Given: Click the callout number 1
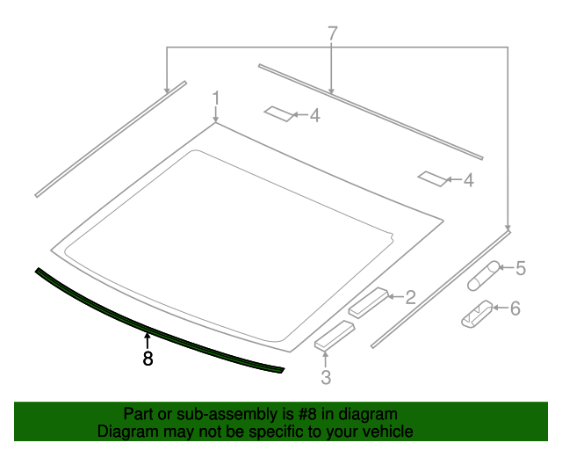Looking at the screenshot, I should pos(216,97).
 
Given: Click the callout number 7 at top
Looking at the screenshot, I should pos(332,34).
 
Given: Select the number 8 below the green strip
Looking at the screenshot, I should pos(148,359).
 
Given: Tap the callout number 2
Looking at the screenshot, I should pos(410,298).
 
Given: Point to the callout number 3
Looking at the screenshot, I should pos(326,378).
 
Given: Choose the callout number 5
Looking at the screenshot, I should pos(520,268).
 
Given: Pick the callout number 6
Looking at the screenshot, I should pos(515,308).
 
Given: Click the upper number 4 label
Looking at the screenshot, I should pos(314,115).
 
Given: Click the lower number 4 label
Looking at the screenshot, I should pos(468,180).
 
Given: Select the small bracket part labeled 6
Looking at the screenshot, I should pos(477,314).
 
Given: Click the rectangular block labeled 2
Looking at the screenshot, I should pos(369,301).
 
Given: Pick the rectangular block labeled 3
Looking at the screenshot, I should pos(334,337).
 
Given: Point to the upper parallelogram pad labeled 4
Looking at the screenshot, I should pos(279,113).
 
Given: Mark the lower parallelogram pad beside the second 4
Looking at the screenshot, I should pos(432,178).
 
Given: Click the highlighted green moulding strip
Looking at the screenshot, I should pos(158,322).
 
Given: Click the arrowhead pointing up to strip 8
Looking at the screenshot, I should pos(148,335).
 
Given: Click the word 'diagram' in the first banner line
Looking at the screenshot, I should pos(372,414).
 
